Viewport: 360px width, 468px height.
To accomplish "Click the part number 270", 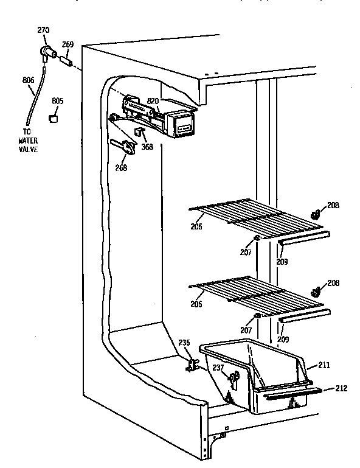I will [43, 30].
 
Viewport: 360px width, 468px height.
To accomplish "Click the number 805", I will [57, 102].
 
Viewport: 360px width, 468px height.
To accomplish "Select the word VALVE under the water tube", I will [27, 148].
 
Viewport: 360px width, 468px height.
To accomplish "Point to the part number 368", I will [147, 146].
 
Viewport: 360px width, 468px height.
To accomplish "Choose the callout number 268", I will [121, 168].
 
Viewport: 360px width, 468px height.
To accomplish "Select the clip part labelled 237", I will [233, 380].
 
